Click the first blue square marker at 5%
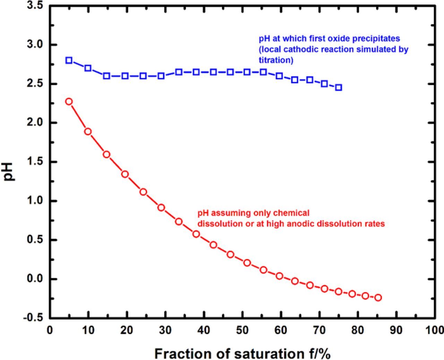pos(69,60)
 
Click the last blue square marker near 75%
pos(339,87)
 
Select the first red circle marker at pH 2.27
pos(69,102)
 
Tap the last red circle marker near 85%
pos(378,298)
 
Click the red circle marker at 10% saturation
pos(88,132)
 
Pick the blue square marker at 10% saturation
pos(88,68)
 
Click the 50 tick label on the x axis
pos(242,330)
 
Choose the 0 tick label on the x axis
pos(50,330)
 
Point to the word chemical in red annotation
pos(291,213)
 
